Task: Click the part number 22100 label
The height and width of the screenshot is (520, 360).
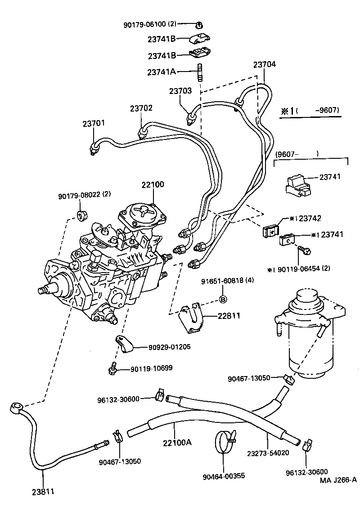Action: pos(153,184)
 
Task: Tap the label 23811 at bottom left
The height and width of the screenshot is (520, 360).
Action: pos(43,492)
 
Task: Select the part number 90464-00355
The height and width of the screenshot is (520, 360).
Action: pos(224,475)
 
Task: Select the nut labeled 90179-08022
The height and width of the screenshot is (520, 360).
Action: pos(82,215)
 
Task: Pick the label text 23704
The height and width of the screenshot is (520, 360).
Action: pos(264,64)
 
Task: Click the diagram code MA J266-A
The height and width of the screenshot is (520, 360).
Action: pos(338,480)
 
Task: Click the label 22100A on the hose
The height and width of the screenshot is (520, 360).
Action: pos(177,442)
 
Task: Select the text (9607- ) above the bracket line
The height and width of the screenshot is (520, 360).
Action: pos(296,154)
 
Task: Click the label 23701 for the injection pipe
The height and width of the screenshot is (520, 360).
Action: pos(94,123)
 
